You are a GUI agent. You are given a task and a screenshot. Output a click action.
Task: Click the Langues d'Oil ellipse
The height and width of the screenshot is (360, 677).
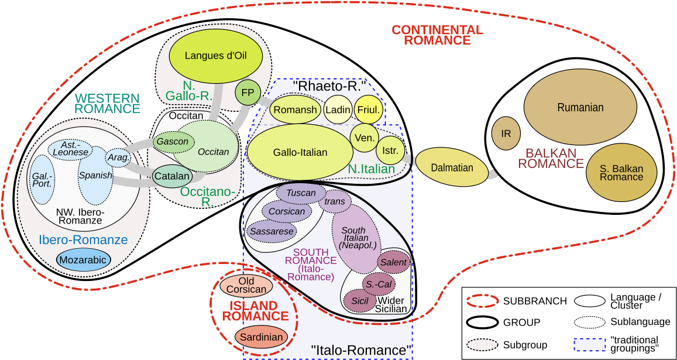tap(215, 56)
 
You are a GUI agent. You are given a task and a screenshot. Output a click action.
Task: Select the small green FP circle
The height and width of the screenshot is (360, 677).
tap(248, 93)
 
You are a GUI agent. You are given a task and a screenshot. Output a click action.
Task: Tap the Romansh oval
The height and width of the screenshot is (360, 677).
tap(295, 109)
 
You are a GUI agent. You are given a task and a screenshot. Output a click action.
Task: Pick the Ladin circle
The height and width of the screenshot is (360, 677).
tap(338, 109)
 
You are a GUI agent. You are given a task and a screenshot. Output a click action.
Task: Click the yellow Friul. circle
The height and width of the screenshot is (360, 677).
tap(369, 109)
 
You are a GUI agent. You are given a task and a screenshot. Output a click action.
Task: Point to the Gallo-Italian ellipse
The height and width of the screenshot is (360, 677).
tap(300, 152)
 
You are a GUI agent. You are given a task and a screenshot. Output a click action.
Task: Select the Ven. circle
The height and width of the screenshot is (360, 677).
tap(365, 138)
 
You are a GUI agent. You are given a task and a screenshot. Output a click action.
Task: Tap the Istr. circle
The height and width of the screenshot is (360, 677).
tap(390, 150)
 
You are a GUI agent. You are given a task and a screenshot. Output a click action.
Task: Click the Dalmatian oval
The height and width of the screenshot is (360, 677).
tap(452, 167)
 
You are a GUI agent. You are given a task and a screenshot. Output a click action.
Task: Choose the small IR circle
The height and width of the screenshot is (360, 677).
tap(506, 133)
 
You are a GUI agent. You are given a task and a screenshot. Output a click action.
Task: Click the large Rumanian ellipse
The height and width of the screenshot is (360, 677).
tap(580, 107)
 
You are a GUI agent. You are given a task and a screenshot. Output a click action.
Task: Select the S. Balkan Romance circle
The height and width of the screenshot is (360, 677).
tap(621, 172)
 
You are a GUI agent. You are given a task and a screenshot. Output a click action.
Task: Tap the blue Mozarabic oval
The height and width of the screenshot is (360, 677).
tap(84, 260)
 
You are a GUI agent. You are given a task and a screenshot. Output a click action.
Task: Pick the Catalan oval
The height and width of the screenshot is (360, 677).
tap(172, 176)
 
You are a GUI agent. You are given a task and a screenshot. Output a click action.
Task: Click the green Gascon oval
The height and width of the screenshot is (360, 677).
tap(173, 142)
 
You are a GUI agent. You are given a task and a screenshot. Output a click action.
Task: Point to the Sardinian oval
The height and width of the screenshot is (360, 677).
tap(262, 337)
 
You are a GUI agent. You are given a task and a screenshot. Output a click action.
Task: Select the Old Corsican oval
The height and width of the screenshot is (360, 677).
tap(246, 285)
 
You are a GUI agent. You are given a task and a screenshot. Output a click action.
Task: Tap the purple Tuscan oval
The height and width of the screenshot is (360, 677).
tap(301, 193)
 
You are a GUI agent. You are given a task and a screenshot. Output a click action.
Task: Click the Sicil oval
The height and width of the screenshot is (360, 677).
tap(359, 300)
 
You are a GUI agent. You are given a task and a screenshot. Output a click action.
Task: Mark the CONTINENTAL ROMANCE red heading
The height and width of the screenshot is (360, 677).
tap(437, 35)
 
